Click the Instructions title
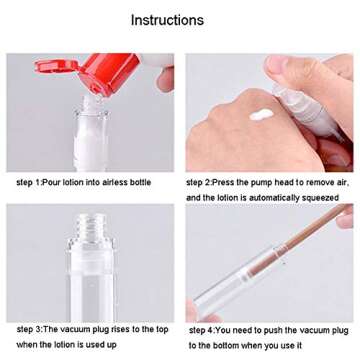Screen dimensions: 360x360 [167, 20]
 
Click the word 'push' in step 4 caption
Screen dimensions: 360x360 [283, 329]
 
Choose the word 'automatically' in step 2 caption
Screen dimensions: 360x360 [267, 198]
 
